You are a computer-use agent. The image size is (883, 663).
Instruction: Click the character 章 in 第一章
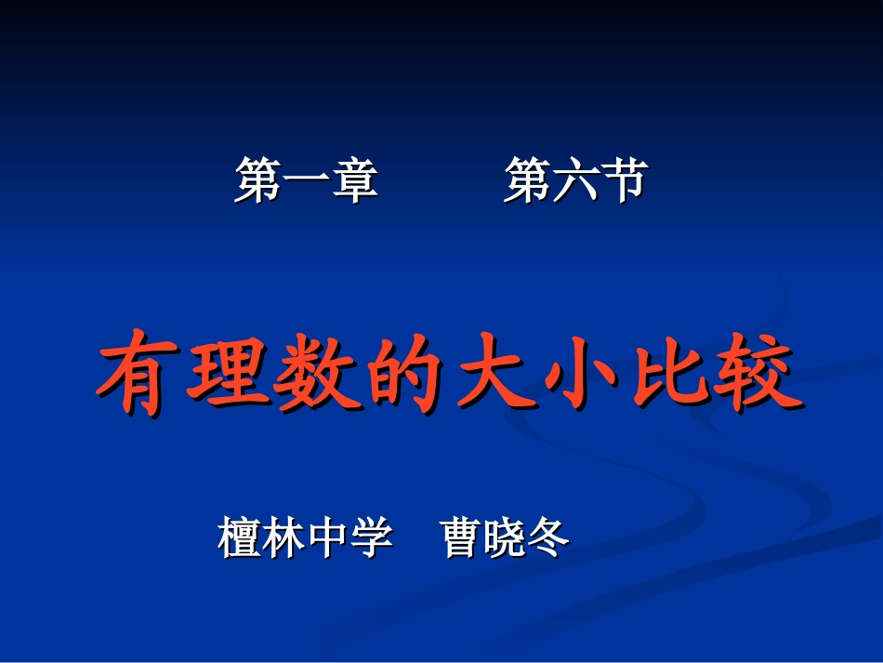pos(355,179)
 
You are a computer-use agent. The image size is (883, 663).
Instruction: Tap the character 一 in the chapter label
pos(307,179)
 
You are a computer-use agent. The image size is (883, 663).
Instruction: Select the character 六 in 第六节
pos(575,179)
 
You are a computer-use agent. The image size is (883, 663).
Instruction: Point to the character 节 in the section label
pos(623,179)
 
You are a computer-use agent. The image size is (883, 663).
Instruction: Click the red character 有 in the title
pos(135,378)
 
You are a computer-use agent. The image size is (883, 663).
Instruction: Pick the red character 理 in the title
pos(224,378)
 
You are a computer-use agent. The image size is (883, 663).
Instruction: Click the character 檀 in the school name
pos(240,537)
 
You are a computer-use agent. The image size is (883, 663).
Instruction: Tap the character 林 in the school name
pos(283,537)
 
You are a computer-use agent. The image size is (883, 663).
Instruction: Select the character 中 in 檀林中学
pos(327,537)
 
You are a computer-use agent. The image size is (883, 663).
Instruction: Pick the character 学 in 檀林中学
pos(371,537)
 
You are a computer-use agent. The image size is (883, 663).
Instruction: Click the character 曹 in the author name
pos(462,537)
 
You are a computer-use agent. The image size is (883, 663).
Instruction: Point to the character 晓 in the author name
pos(505,537)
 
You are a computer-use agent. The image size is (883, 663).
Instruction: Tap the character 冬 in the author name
pos(548,537)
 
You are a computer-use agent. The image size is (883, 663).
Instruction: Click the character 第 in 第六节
pos(527,179)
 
